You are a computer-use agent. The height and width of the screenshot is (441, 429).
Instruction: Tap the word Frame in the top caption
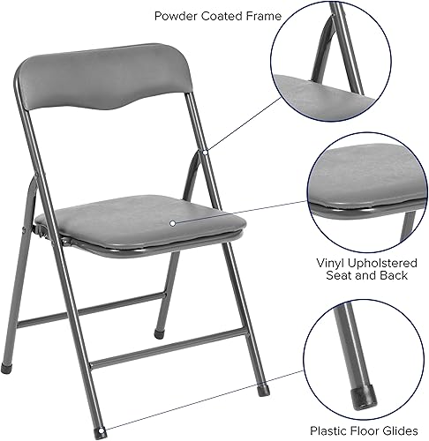click(261, 16)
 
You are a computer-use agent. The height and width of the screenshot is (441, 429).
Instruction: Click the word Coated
click(220, 16)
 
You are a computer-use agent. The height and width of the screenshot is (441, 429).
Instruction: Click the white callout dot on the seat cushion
click(173, 225)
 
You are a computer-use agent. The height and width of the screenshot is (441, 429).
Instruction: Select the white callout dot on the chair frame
click(204, 153)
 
